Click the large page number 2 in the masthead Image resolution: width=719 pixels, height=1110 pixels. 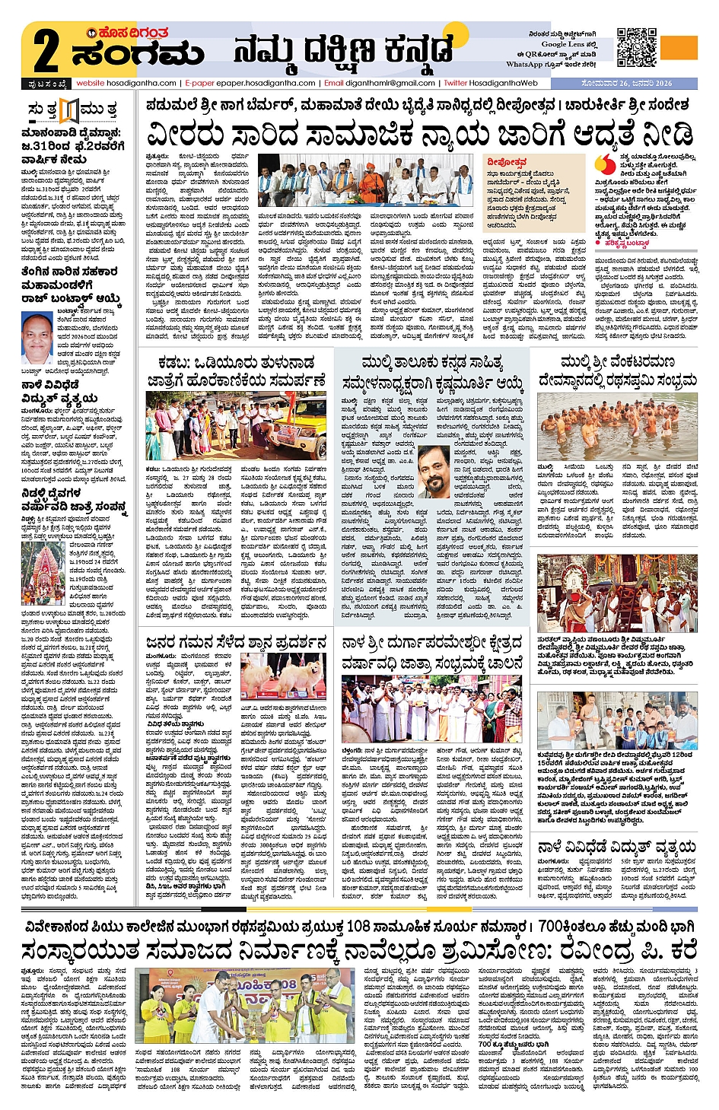click(x=46, y=51)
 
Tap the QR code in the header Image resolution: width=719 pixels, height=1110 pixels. click(x=636, y=48)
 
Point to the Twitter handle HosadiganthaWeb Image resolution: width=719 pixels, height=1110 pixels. click(x=491, y=83)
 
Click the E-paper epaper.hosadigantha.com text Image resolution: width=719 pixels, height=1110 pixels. click(x=250, y=83)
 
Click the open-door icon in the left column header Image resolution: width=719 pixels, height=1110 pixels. click(x=69, y=110)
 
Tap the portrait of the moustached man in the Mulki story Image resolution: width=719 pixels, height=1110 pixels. click(x=434, y=470)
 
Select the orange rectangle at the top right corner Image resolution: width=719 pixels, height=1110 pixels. click(x=680, y=46)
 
